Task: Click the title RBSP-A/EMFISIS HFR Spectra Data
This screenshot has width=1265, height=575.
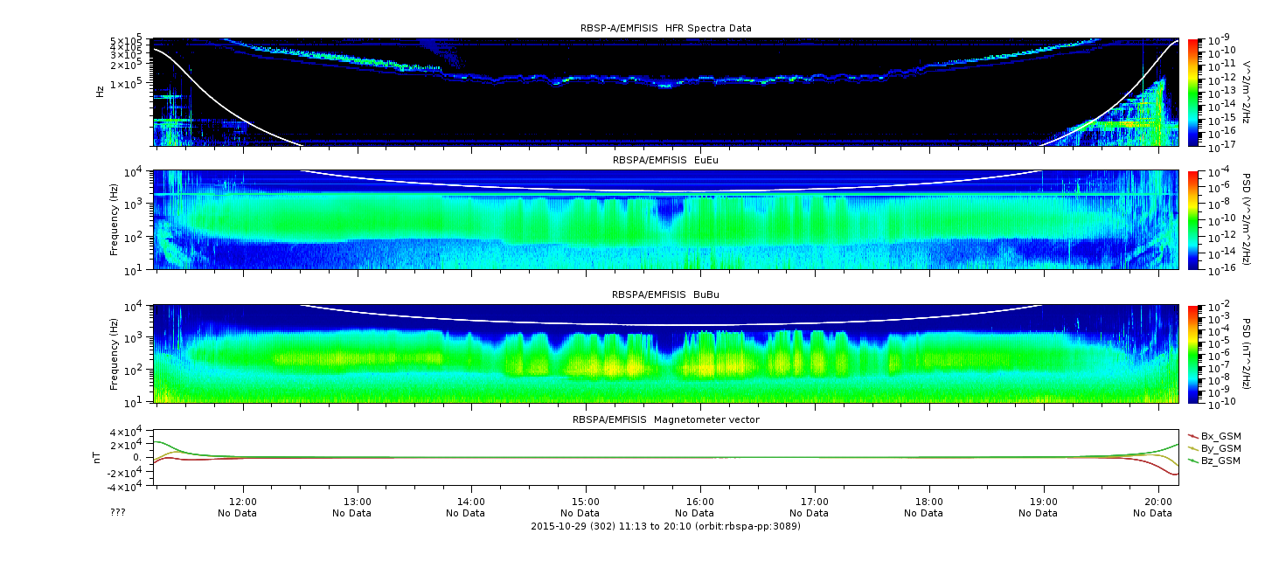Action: pos(666,28)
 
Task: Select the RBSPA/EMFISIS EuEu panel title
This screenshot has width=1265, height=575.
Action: pos(665,160)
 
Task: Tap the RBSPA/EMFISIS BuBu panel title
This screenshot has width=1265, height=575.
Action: pos(665,294)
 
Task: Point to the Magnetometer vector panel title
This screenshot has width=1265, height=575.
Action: pos(666,419)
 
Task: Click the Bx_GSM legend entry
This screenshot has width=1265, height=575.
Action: pos(1214,436)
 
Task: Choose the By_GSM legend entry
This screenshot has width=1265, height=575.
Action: pos(1214,448)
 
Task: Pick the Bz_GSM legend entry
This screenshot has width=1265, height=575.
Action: pos(1214,461)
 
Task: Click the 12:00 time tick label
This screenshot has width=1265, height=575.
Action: pos(243,502)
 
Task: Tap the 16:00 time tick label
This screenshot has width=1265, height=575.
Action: pos(700,502)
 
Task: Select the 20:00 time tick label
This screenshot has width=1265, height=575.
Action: pos(1158,502)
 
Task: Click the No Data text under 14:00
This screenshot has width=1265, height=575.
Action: pos(465,514)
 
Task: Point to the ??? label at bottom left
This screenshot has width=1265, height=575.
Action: pos(117,512)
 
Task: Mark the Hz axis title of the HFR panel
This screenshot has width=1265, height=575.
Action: pos(101,92)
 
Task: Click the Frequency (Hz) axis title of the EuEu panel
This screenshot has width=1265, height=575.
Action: pos(114,219)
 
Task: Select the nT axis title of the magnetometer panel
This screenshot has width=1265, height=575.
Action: pos(97,458)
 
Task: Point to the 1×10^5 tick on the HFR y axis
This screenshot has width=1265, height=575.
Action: pos(129,84)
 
